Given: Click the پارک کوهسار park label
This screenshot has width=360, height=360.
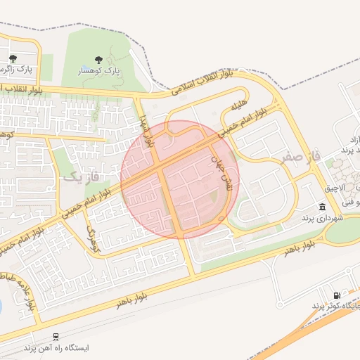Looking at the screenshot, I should (98, 72).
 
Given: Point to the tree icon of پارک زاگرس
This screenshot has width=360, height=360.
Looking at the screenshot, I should (13, 58).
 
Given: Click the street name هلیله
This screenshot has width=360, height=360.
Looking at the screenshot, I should (239, 108).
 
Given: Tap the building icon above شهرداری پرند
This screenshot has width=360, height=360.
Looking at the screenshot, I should (322, 207).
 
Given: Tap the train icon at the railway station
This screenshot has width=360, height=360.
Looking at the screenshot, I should (56, 336).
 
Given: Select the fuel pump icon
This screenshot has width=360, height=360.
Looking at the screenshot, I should (337, 295).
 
